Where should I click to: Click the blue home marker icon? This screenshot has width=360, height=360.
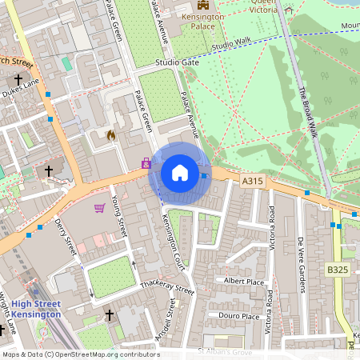pyautogui.click(x=180, y=173)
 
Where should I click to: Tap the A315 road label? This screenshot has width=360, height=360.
pyautogui.click(x=253, y=182)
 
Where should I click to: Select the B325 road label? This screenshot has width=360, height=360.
pyautogui.click(x=338, y=271)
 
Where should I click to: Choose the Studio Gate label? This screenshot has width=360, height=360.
pyautogui.click(x=178, y=62)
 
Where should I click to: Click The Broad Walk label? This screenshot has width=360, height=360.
pyautogui.click(x=308, y=112)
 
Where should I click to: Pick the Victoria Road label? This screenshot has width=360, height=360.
pyautogui.click(x=272, y=227)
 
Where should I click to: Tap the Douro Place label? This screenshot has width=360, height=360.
pyautogui.click(x=240, y=316)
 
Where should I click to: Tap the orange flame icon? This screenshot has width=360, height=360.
pyautogui.click(x=110, y=135)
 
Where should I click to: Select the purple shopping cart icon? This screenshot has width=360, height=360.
pyautogui.click(x=100, y=209)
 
